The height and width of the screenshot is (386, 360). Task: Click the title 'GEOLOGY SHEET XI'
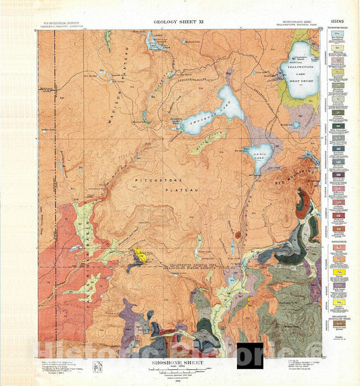tap(179, 22)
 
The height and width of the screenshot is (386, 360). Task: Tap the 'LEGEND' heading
tap(339, 24)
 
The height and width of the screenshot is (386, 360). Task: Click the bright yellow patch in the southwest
tap(140, 255)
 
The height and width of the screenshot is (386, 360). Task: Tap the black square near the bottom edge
tap(250, 356)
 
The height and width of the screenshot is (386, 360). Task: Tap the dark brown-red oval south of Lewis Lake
tap(237, 237)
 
